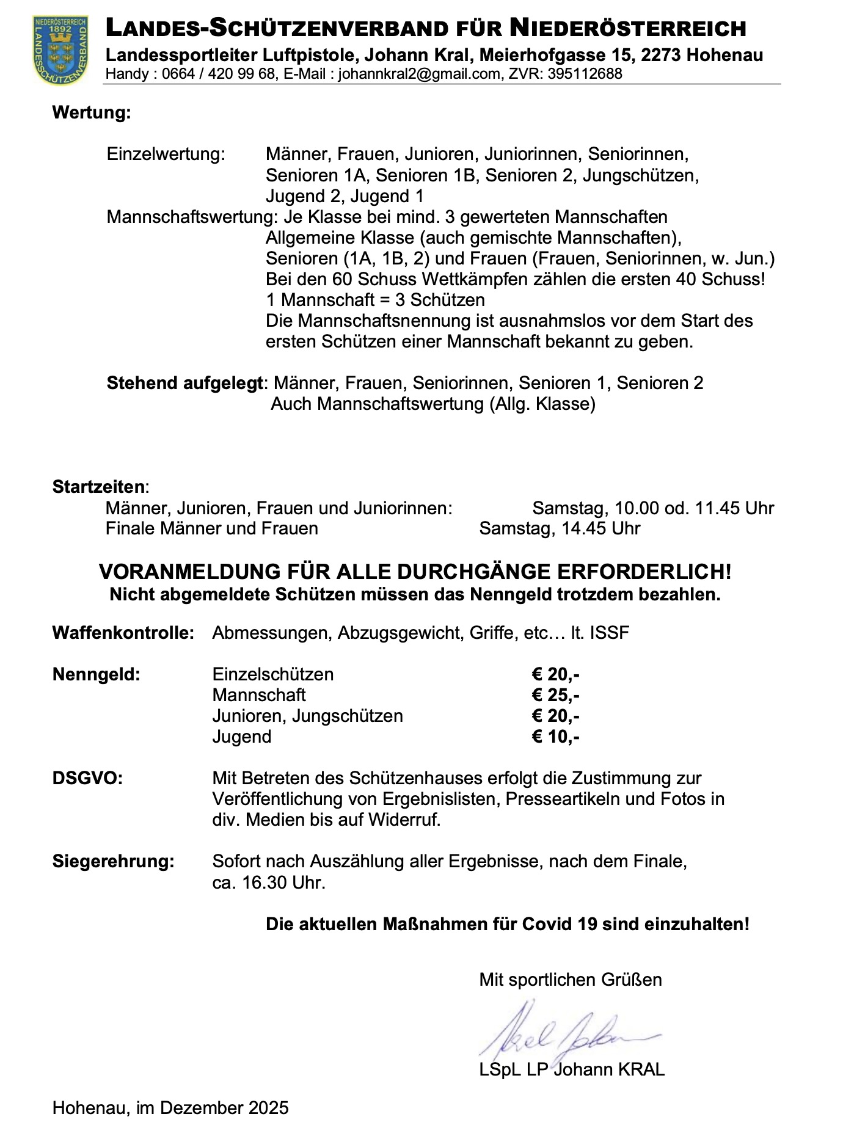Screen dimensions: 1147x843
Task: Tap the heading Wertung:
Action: [x=92, y=113]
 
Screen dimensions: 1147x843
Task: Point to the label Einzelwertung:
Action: [x=166, y=154]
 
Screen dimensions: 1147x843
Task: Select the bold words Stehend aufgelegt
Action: [x=185, y=383]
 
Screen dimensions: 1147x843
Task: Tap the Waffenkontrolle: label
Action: [x=123, y=633]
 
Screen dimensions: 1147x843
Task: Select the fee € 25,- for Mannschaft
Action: [x=555, y=695]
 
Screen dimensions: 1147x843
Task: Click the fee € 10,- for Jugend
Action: [x=555, y=737]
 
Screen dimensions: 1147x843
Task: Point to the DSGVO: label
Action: [x=87, y=779]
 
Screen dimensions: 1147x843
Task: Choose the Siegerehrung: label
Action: [x=114, y=862]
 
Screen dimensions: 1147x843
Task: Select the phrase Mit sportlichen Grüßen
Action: [x=571, y=980]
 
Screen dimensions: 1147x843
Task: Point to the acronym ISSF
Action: [x=609, y=633]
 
